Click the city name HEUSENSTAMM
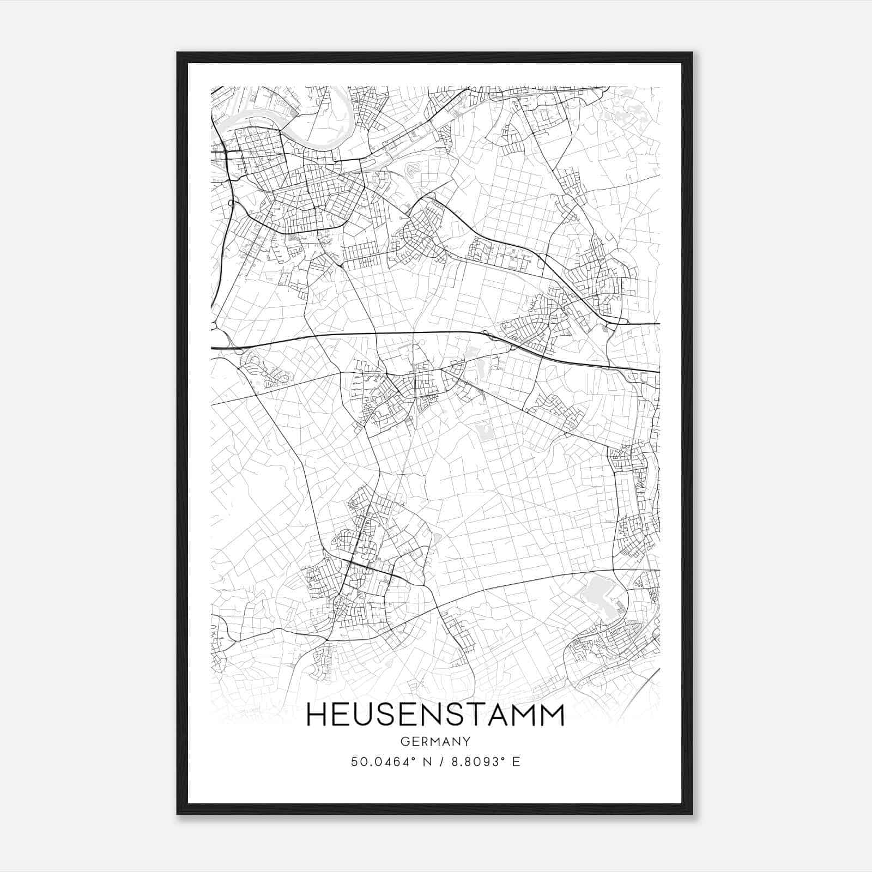pyautogui.click(x=435, y=715)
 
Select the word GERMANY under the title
pyautogui.click(x=435, y=741)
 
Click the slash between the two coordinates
pyautogui.click(x=439, y=762)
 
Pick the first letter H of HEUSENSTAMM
pyautogui.click(x=317, y=715)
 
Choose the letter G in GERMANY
pyautogui.click(x=404, y=741)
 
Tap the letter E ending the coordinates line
pyautogui.click(x=516, y=762)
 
